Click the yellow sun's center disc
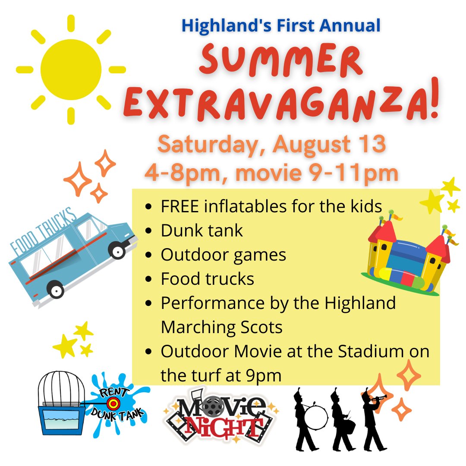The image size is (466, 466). [x=71, y=69]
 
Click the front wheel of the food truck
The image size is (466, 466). [x=116, y=250]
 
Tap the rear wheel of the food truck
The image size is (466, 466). [x=56, y=290]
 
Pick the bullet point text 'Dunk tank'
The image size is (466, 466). [x=202, y=230]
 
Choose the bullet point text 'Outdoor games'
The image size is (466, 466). [x=223, y=255]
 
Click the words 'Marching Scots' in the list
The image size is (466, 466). [x=221, y=327]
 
